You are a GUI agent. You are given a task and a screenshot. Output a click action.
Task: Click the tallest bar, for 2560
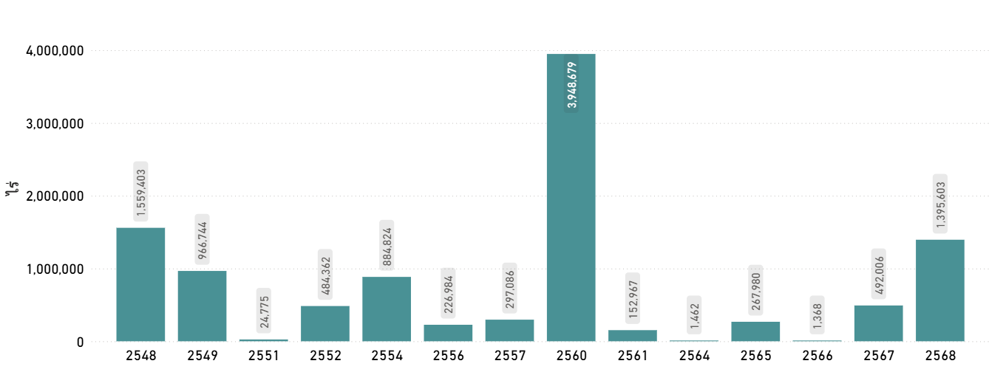(x=571, y=198)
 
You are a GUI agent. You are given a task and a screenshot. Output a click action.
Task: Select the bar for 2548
(x=140, y=284)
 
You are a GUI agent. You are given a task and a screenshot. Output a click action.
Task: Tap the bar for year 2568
(x=940, y=291)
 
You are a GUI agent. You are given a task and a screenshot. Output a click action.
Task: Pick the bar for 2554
(x=387, y=309)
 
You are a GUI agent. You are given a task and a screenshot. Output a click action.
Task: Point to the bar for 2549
(x=203, y=306)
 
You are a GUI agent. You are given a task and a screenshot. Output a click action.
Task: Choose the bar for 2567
(x=879, y=323)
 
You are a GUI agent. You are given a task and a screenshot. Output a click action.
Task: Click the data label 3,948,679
(x=572, y=85)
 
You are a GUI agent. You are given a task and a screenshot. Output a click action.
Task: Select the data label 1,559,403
(x=141, y=192)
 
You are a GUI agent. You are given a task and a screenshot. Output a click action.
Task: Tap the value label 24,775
(x=264, y=311)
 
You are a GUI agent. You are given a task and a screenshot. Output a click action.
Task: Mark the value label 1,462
(x=695, y=315)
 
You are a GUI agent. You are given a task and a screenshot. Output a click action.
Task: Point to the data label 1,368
(x=818, y=315)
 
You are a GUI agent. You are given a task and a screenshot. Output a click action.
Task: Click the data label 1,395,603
(x=940, y=204)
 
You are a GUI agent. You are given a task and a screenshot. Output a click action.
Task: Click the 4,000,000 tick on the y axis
(x=55, y=51)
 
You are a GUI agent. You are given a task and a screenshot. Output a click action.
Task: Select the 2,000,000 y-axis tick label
(x=55, y=196)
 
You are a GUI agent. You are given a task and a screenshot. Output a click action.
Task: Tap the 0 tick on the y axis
(x=80, y=342)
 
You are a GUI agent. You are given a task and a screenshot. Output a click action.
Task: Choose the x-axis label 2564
(x=694, y=356)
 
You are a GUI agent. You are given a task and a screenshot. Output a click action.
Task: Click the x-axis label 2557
(x=510, y=356)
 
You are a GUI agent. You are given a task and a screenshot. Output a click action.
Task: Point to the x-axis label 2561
(x=633, y=356)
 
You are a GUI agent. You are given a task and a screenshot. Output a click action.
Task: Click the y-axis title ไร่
(x=12, y=188)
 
